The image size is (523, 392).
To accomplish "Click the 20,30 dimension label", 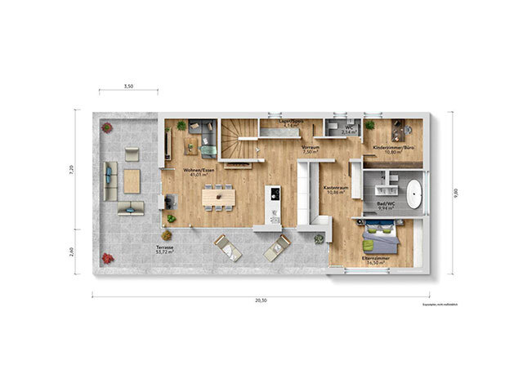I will [260, 301].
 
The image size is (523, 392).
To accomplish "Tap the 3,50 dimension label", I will [128, 86].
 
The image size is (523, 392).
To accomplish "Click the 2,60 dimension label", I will [71, 251].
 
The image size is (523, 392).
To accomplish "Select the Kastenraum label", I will [336, 189].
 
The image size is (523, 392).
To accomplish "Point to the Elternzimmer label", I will [376, 260].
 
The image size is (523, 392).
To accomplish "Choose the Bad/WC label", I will [386, 206].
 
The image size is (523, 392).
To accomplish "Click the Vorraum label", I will [310, 149].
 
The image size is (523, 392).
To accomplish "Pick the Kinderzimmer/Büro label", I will [393, 149].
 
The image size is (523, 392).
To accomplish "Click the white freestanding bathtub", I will [414, 194].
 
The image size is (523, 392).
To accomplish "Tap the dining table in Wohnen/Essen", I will [218, 196].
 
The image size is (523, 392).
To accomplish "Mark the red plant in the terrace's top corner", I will [107, 127].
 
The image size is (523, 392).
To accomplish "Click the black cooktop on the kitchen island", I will [275, 194].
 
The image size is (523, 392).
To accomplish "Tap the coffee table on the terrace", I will [132, 180].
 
